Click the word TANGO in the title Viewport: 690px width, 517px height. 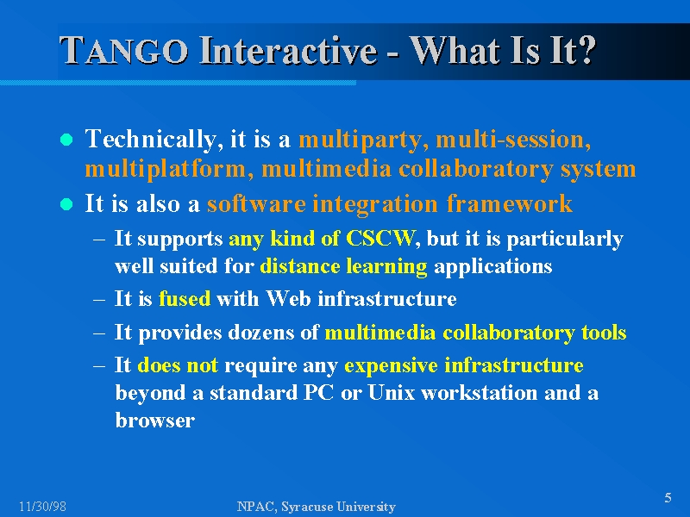tap(124, 50)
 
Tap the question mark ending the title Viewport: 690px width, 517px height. tap(586, 50)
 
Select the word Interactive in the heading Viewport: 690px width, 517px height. tap(288, 50)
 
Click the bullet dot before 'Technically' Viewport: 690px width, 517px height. tap(66, 140)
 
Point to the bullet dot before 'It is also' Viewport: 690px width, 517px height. tap(66, 204)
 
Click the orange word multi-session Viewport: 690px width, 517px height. tap(513, 140)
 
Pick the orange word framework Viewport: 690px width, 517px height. tap(509, 203)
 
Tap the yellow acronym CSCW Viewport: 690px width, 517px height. tap(380, 238)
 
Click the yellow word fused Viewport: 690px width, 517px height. tap(185, 298)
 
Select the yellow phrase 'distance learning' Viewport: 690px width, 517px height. tap(343, 266)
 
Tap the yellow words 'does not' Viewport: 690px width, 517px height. tap(178, 365)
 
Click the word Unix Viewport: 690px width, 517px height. tap(392, 392)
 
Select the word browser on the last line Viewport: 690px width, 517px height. tap(155, 420)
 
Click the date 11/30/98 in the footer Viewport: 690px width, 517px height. tap(42, 507)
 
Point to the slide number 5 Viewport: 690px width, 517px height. tap(668, 498)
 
